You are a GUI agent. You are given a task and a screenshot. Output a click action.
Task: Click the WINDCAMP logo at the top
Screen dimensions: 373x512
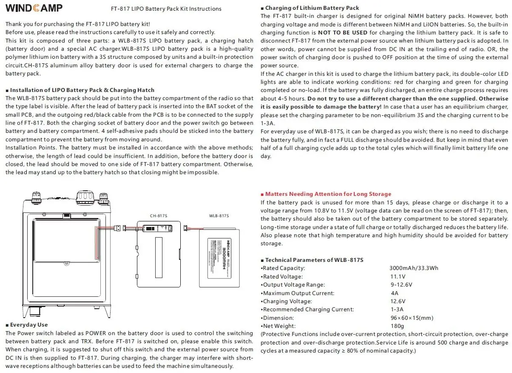click(x=34, y=8)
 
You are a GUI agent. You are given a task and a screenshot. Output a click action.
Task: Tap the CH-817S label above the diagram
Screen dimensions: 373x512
click(x=158, y=216)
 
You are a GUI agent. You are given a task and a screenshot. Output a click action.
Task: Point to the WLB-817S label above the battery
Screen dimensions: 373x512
click(x=219, y=216)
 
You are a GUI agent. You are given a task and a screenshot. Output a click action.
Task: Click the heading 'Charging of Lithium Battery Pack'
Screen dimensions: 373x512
click(x=312, y=8)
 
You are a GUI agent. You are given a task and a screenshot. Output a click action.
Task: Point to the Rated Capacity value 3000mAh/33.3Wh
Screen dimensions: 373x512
click(x=413, y=268)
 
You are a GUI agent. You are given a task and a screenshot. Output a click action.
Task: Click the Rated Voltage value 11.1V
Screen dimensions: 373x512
click(x=398, y=277)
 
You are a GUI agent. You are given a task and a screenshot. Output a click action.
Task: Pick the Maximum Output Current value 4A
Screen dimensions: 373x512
click(x=394, y=293)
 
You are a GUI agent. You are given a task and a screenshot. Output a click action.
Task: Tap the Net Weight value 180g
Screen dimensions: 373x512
click(x=397, y=326)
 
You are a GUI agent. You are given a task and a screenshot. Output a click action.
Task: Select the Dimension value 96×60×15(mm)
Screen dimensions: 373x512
click(x=411, y=318)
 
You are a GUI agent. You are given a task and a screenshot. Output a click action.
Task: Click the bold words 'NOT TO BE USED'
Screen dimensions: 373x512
click(x=343, y=32)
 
